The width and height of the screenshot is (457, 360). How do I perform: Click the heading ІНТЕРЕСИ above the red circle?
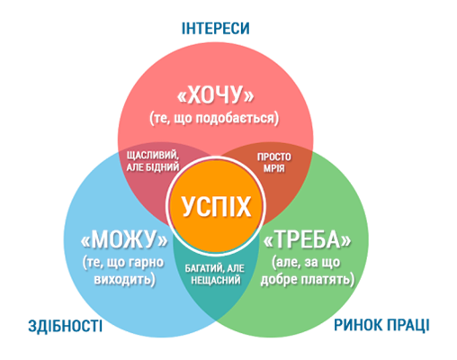pos(215,28)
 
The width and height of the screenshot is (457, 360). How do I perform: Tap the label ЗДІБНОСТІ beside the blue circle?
pos(66,326)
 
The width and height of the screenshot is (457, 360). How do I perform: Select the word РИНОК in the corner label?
pos(358,325)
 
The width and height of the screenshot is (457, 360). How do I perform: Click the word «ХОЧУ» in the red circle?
pos(216,94)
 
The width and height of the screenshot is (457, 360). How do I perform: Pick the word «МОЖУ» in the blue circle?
pos(124,239)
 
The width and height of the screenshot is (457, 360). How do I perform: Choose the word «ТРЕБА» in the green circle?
pos(307,239)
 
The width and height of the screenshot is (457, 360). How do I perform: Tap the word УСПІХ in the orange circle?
pos(216,206)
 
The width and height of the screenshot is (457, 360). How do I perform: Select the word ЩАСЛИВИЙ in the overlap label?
pos(153,156)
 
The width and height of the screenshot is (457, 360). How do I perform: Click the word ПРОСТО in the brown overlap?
pos(274,157)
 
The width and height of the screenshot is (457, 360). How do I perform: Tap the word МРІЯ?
pos(274,168)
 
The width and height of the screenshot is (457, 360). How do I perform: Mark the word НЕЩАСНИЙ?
pos(216,280)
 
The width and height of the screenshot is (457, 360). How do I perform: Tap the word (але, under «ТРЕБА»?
pos(286,262)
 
